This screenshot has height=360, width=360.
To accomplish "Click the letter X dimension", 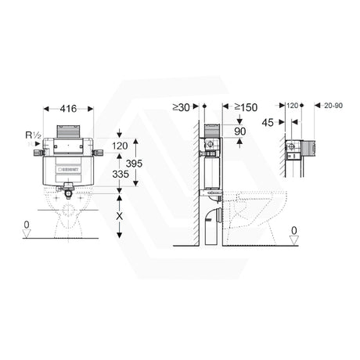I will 118,214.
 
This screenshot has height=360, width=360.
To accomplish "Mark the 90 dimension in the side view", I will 239,132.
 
